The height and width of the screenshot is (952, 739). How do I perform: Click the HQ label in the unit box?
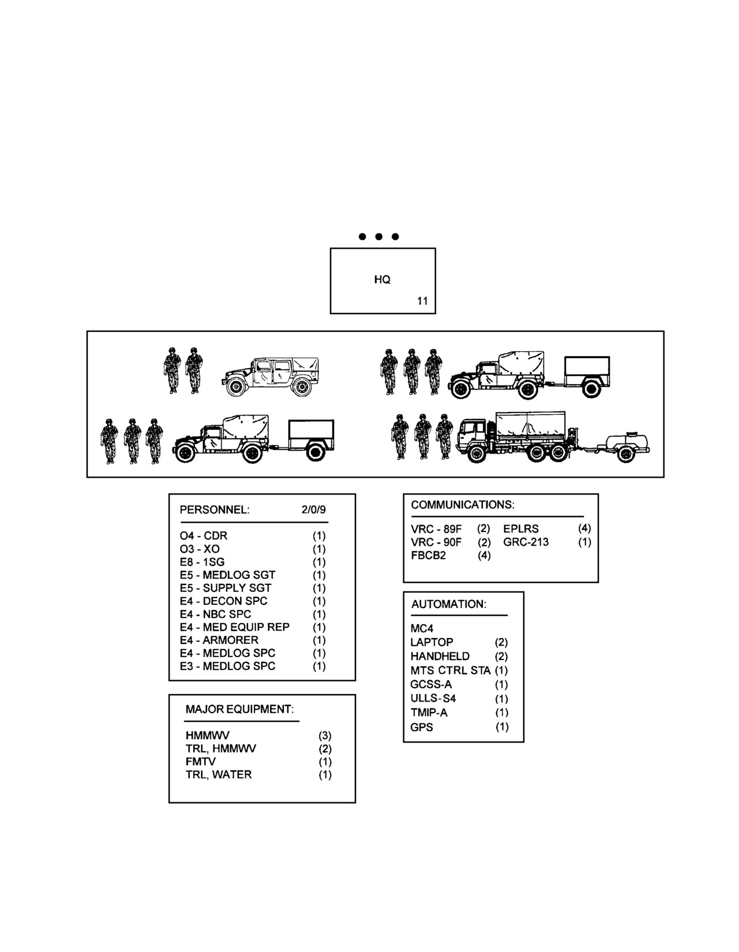(x=382, y=279)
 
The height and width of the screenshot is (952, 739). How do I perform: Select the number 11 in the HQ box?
(x=422, y=301)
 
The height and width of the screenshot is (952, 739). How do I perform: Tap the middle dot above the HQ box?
(x=379, y=237)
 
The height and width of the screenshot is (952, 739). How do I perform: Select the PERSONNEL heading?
(x=215, y=509)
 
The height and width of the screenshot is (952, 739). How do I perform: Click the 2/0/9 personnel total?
(x=314, y=509)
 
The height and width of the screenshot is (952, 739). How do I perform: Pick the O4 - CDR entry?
(x=204, y=536)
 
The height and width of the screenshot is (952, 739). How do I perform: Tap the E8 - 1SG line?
(x=202, y=562)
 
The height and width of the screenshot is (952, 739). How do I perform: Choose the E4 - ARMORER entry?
(x=219, y=640)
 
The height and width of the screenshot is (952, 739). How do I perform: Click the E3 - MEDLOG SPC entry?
(x=227, y=666)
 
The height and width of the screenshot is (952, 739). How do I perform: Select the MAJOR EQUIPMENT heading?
(x=239, y=709)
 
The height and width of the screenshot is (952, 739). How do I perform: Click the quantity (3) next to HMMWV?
(x=325, y=736)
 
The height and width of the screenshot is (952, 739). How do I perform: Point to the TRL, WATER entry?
(x=219, y=774)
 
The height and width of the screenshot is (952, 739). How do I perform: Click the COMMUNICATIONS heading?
(x=463, y=505)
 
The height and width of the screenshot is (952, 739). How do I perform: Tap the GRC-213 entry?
(x=526, y=542)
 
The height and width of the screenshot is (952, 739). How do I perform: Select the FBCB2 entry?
(x=428, y=556)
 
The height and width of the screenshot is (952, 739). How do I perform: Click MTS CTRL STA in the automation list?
(x=451, y=670)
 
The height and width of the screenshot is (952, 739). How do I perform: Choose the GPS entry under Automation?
(x=421, y=727)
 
